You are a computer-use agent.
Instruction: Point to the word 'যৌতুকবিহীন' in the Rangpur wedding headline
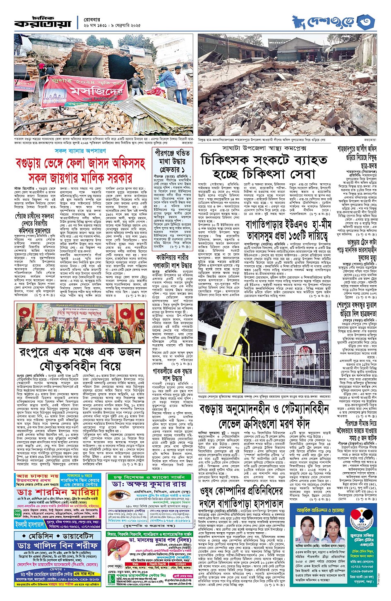pos(74,367)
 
